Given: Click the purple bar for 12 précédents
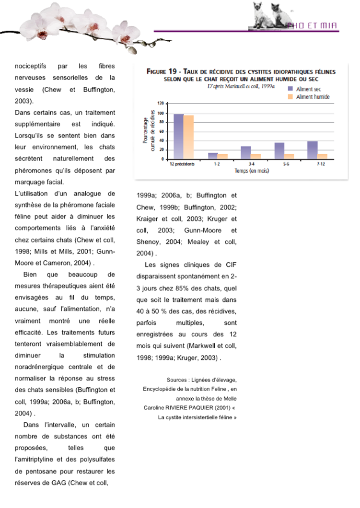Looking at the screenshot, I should (x=178, y=136).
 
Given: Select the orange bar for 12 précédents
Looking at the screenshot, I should (x=188, y=137).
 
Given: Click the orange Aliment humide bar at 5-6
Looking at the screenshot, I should (x=289, y=156).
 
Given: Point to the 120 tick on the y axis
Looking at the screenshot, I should (x=161, y=104).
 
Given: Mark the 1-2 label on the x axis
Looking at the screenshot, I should (x=217, y=164).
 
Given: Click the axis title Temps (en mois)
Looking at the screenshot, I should (x=251, y=171).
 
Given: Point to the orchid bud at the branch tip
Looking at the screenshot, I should (x=133, y=50).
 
